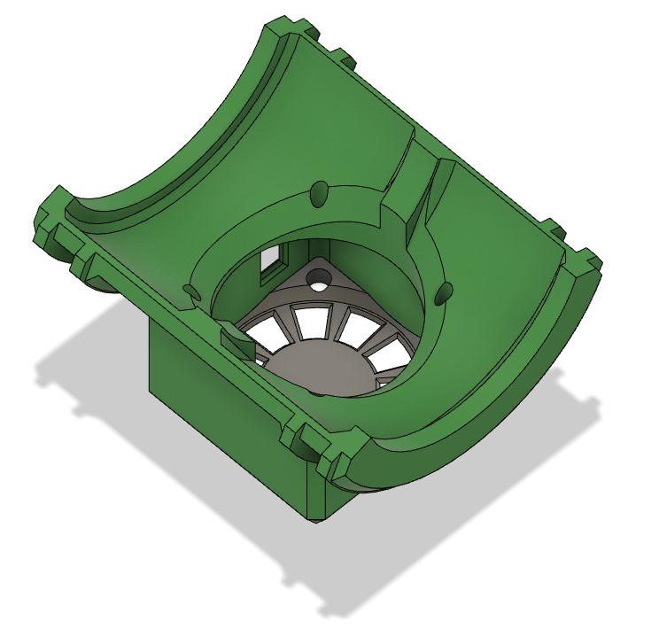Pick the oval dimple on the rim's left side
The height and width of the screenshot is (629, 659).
(189, 291)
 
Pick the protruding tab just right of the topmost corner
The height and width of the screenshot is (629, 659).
(312, 35)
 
